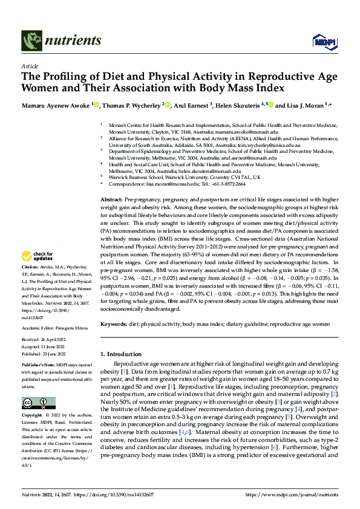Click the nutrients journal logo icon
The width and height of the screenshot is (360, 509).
[x=31, y=41]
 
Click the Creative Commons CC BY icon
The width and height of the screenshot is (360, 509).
[x=39, y=403]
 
